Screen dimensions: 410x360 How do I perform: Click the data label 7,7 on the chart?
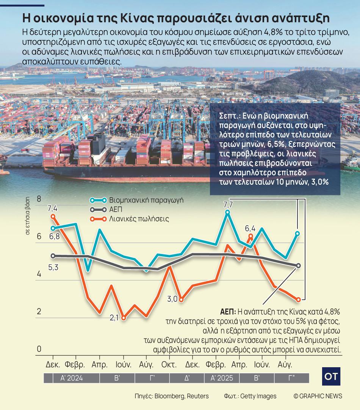pyautogui.click(x=228, y=205)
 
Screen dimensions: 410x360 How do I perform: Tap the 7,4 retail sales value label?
pyautogui.click(x=52, y=208)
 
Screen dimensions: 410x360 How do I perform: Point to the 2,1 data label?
pyautogui.click(x=114, y=318)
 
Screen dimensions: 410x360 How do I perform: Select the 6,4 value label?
pyautogui.click(x=250, y=228)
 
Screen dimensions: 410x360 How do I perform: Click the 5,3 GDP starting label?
pyautogui.click(x=53, y=268)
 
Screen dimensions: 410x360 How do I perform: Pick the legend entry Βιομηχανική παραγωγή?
pyautogui.click(x=146, y=200)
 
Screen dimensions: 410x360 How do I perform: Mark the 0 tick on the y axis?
pyautogui.click(x=39, y=349)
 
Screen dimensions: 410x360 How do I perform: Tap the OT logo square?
pyautogui.click(x=331, y=377)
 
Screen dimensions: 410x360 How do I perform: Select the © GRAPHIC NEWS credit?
pyautogui.click(x=318, y=396)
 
